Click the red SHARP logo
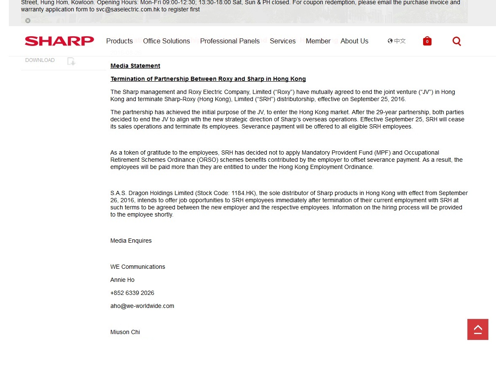click(59, 41)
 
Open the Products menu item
click(119, 41)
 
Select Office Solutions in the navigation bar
click(166, 41)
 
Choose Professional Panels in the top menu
click(230, 41)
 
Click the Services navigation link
click(282, 41)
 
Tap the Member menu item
click(318, 41)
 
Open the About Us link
click(354, 41)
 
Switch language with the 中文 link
click(397, 41)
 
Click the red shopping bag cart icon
click(427, 41)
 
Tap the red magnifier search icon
click(456, 41)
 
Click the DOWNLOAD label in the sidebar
click(40, 60)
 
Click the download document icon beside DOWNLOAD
click(71, 61)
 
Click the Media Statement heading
click(135, 66)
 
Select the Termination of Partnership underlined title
click(208, 79)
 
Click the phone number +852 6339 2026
click(132, 293)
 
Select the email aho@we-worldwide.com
click(142, 306)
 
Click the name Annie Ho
click(122, 280)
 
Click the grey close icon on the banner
click(28, 21)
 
